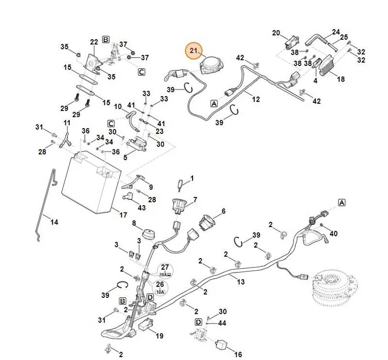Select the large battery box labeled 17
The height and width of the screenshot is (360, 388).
click(91, 182)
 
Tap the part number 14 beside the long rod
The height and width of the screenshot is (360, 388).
click(54, 222)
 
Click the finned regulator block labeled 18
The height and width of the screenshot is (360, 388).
click(329, 65)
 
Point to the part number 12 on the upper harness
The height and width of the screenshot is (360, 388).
click(256, 99)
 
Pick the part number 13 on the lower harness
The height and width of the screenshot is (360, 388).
click(241, 282)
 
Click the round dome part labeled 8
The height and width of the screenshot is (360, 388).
click(149, 234)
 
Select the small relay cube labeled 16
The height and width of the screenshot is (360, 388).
click(222, 344)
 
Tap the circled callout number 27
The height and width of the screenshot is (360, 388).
click(165, 267)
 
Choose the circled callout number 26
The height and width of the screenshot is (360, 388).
click(160, 284)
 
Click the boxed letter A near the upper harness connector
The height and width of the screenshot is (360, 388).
click(214, 103)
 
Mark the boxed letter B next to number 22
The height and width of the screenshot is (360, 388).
click(106, 39)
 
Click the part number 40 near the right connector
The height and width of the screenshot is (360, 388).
click(334, 233)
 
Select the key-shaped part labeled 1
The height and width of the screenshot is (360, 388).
click(180, 185)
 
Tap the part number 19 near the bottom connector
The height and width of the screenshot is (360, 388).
click(160, 336)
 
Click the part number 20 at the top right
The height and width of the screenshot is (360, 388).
click(276, 33)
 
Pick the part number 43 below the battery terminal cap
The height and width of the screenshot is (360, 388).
click(142, 208)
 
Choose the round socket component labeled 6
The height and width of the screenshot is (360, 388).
click(205, 222)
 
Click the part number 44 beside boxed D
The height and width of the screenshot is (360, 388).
click(222, 323)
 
